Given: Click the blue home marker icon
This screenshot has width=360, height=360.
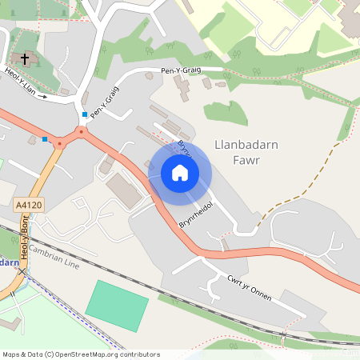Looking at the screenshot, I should tap(179, 172).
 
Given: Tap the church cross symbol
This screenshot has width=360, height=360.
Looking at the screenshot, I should tap(25, 59).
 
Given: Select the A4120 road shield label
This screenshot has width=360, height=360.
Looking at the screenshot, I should tap(28, 206).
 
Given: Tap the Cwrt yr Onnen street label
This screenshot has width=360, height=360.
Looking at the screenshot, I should tap(249, 289).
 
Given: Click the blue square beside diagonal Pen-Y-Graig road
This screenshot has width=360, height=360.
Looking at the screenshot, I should tap(85, 114).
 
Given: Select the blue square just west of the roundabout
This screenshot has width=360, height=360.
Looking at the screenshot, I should tap(45, 139).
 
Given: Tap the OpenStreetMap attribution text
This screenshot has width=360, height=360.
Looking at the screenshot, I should tap(81, 354).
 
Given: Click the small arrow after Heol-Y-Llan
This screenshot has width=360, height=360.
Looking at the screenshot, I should tap(42, 96).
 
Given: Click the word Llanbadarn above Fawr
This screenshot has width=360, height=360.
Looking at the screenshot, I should tap(245, 145).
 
